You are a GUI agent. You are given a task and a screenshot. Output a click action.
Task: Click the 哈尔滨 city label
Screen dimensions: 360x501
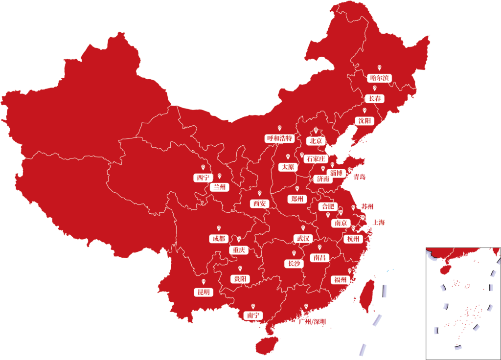(380, 78)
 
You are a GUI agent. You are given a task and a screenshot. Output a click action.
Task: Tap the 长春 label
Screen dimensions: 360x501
(375, 99)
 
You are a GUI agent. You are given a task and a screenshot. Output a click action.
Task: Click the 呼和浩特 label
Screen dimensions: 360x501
(280, 138)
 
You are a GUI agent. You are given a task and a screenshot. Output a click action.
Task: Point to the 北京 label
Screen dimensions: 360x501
(316, 141)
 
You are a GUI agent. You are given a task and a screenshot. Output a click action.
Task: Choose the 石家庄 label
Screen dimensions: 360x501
(315, 159)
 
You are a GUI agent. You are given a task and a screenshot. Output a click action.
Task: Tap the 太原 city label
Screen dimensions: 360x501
(288, 167)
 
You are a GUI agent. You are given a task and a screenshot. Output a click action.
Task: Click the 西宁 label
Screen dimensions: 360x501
(203, 178)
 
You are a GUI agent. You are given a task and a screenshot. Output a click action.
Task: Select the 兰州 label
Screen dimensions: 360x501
(219, 187)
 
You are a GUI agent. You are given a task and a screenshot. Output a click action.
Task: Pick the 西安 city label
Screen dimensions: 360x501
(259, 203)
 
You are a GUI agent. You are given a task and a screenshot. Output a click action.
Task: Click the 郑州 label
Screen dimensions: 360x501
(297, 199)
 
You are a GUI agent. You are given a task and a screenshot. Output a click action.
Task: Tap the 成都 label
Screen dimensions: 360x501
(218, 239)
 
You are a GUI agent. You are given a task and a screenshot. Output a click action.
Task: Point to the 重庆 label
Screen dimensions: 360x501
(239, 250)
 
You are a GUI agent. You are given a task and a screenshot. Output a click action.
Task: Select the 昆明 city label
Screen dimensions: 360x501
(203, 292)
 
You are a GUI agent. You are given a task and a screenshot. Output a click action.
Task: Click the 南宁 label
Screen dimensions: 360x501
(253, 315)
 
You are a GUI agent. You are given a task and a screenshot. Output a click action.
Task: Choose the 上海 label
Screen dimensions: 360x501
(379, 223)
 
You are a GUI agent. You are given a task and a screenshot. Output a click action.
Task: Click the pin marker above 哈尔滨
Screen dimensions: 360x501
(380, 67)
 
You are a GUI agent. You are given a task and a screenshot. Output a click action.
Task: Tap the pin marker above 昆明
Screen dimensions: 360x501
(203, 282)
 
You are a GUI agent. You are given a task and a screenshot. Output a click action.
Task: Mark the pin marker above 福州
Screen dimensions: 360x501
(349, 270)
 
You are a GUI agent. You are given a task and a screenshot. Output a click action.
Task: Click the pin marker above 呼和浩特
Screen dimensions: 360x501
(280, 128)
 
